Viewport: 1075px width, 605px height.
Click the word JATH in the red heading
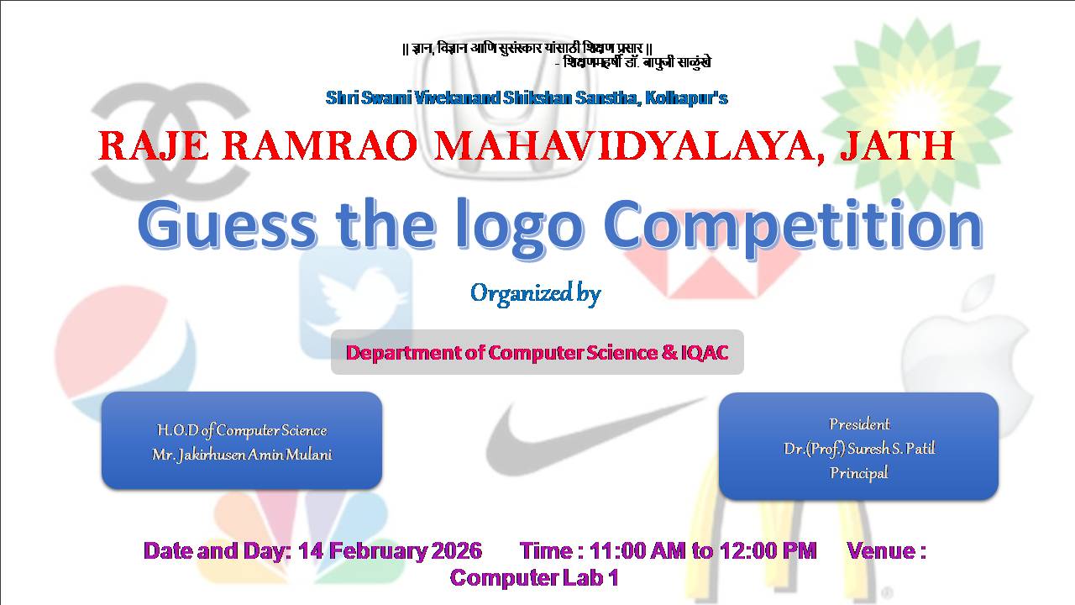pyautogui.click(x=897, y=146)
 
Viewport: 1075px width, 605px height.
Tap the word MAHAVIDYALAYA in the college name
pyautogui.click(x=629, y=147)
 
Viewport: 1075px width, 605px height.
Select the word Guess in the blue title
pyautogui.click(x=227, y=225)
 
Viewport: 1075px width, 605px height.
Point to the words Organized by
pyautogui.click(x=535, y=293)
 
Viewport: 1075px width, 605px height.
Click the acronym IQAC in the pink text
pyautogui.click(x=705, y=352)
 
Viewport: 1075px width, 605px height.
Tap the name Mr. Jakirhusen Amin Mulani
pyautogui.click(x=242, y=455)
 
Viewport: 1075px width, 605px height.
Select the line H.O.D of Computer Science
pyautogui.click(x=242, y=430)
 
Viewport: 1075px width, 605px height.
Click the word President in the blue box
pyautogui.click(x=859, y=424)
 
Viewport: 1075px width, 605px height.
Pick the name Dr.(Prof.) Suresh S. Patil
pyautogui.click(x=859, y=449)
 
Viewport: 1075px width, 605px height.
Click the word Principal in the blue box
pyautogui.click(x=859, y=473)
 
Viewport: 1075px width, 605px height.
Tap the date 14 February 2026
pyautogui.click(x=390, y=550)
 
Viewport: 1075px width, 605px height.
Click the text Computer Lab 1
pyautogui.click(x=534, y=577)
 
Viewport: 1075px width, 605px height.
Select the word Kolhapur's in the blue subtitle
pyautogui.click(x=686, y=98)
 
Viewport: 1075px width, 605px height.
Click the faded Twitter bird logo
pyautogui.click(x=355, y=302)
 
